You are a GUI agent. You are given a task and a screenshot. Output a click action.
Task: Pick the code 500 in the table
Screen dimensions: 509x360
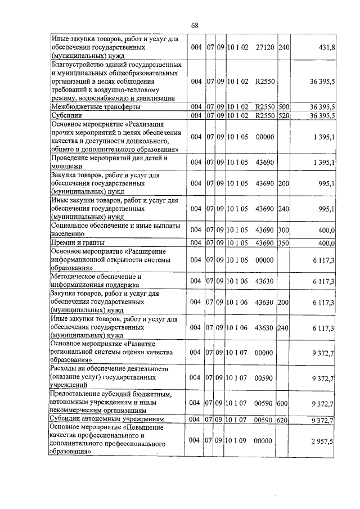(x=283, y=106)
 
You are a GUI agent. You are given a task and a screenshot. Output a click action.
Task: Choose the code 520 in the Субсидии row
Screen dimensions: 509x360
(x=283, y=116)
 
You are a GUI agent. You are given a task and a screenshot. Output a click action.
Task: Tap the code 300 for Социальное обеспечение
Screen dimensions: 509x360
(x=283, y=230)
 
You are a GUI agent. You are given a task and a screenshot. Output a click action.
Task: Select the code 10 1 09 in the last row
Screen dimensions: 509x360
(x=237, y=443)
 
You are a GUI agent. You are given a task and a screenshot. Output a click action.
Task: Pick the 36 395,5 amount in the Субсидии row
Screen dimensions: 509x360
(x=322, y=116)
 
